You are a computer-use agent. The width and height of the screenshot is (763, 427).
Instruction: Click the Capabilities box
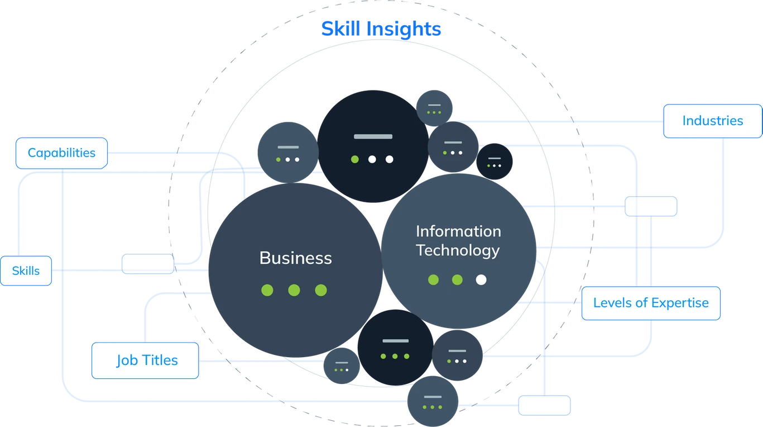pos(61,153)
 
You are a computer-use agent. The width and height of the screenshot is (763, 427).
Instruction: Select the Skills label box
pos(26,271)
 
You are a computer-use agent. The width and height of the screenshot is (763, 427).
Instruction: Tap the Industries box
pos(712,121)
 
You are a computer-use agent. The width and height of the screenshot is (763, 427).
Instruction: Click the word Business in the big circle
pos(295,258)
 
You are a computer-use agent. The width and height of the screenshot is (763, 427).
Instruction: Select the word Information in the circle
pos(458,231)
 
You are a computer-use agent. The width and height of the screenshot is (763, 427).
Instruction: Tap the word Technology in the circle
pos(458,250)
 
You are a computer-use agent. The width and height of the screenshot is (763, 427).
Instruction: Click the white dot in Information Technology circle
pos(481,279)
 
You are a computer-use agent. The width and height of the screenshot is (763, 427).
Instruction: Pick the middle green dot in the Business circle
pos(294,290)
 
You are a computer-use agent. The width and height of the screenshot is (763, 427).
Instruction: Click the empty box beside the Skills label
pos(148,264)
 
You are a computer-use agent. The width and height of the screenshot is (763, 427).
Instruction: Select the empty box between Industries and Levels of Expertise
pos(651,206)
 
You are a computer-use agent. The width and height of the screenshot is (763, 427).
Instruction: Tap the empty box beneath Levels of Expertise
pos(544,405)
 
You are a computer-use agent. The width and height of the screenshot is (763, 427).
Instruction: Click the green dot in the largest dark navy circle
pos(354,159)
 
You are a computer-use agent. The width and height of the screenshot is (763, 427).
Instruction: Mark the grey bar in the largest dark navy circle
pos(373,136)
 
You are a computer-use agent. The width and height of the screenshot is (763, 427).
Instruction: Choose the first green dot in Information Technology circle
pos(434,279)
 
